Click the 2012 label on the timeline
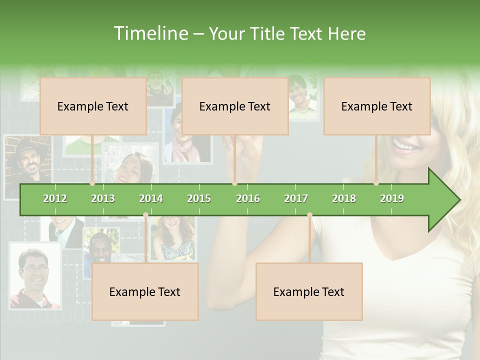pyautogui.click(x=55, y=198)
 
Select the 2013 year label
pyautogui.click(x=103, y=198)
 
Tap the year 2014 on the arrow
pyautogui.click(x=151, y=198)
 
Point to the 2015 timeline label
pyautogui.click(x=199, y=198)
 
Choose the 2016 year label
pyautogui.click(x=248, y=198)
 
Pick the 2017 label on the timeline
pyautogui.click(x=296, y=198)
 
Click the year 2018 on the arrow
pyautogui.click(x=344, y=198)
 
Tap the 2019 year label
pyautogui.click(x=392, y=198)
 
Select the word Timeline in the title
pyautogui.click(x=149, y=33)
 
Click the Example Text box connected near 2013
pyautogui.click(x=93, y=106)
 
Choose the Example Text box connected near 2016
pyautogui.click(x=235, y=106)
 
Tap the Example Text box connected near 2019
pyautogui.click(x=377, y=106)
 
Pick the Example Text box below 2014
pyautogui.click(x=145, y=291)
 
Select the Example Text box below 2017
pyautogui.click(x=309, y=291)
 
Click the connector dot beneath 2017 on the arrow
pyautogui.click(x=309, y=215)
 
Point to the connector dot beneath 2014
pyautogui.click(x=145, y=215)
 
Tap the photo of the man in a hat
pyautogui.click(x=28, y=162)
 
